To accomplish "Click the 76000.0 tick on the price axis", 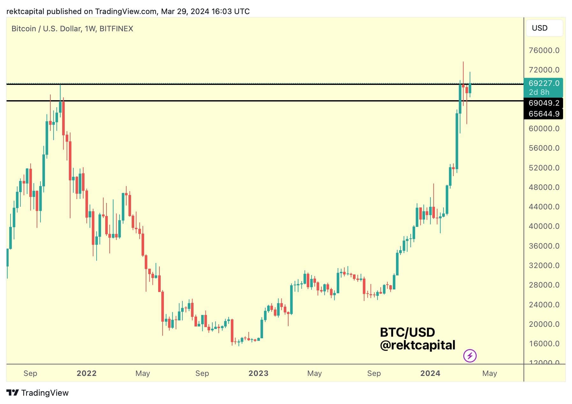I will click(x=544, y=50).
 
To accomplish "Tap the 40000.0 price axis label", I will click(x=544, y=226).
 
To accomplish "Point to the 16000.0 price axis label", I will click(x=544, y=344).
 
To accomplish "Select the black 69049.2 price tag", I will click(x=544, y=103).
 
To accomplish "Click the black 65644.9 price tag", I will click(x=544, y=114).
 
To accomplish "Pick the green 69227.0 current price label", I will click(x=544, y=83).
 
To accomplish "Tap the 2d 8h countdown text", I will click(x=539, y=92).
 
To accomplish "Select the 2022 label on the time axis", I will click(x=86, y=373).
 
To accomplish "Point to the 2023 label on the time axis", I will click(x=258, y=373).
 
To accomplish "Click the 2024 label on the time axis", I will click(x=430, y=373).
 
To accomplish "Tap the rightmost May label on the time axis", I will click(x=489, y=373).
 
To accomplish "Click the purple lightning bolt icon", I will click(x=470, y=355).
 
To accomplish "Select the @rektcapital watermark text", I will click(x=417, y=345).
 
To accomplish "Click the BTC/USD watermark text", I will click(x=407, y=333).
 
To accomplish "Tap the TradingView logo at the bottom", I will click(x=37, y=393).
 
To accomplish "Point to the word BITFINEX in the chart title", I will click(x=116, y=29).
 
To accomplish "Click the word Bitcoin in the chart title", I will click(x=24, y=29).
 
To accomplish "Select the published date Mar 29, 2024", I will click(x=185, y=11).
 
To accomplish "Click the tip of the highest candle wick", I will click(x=463, y=62).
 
